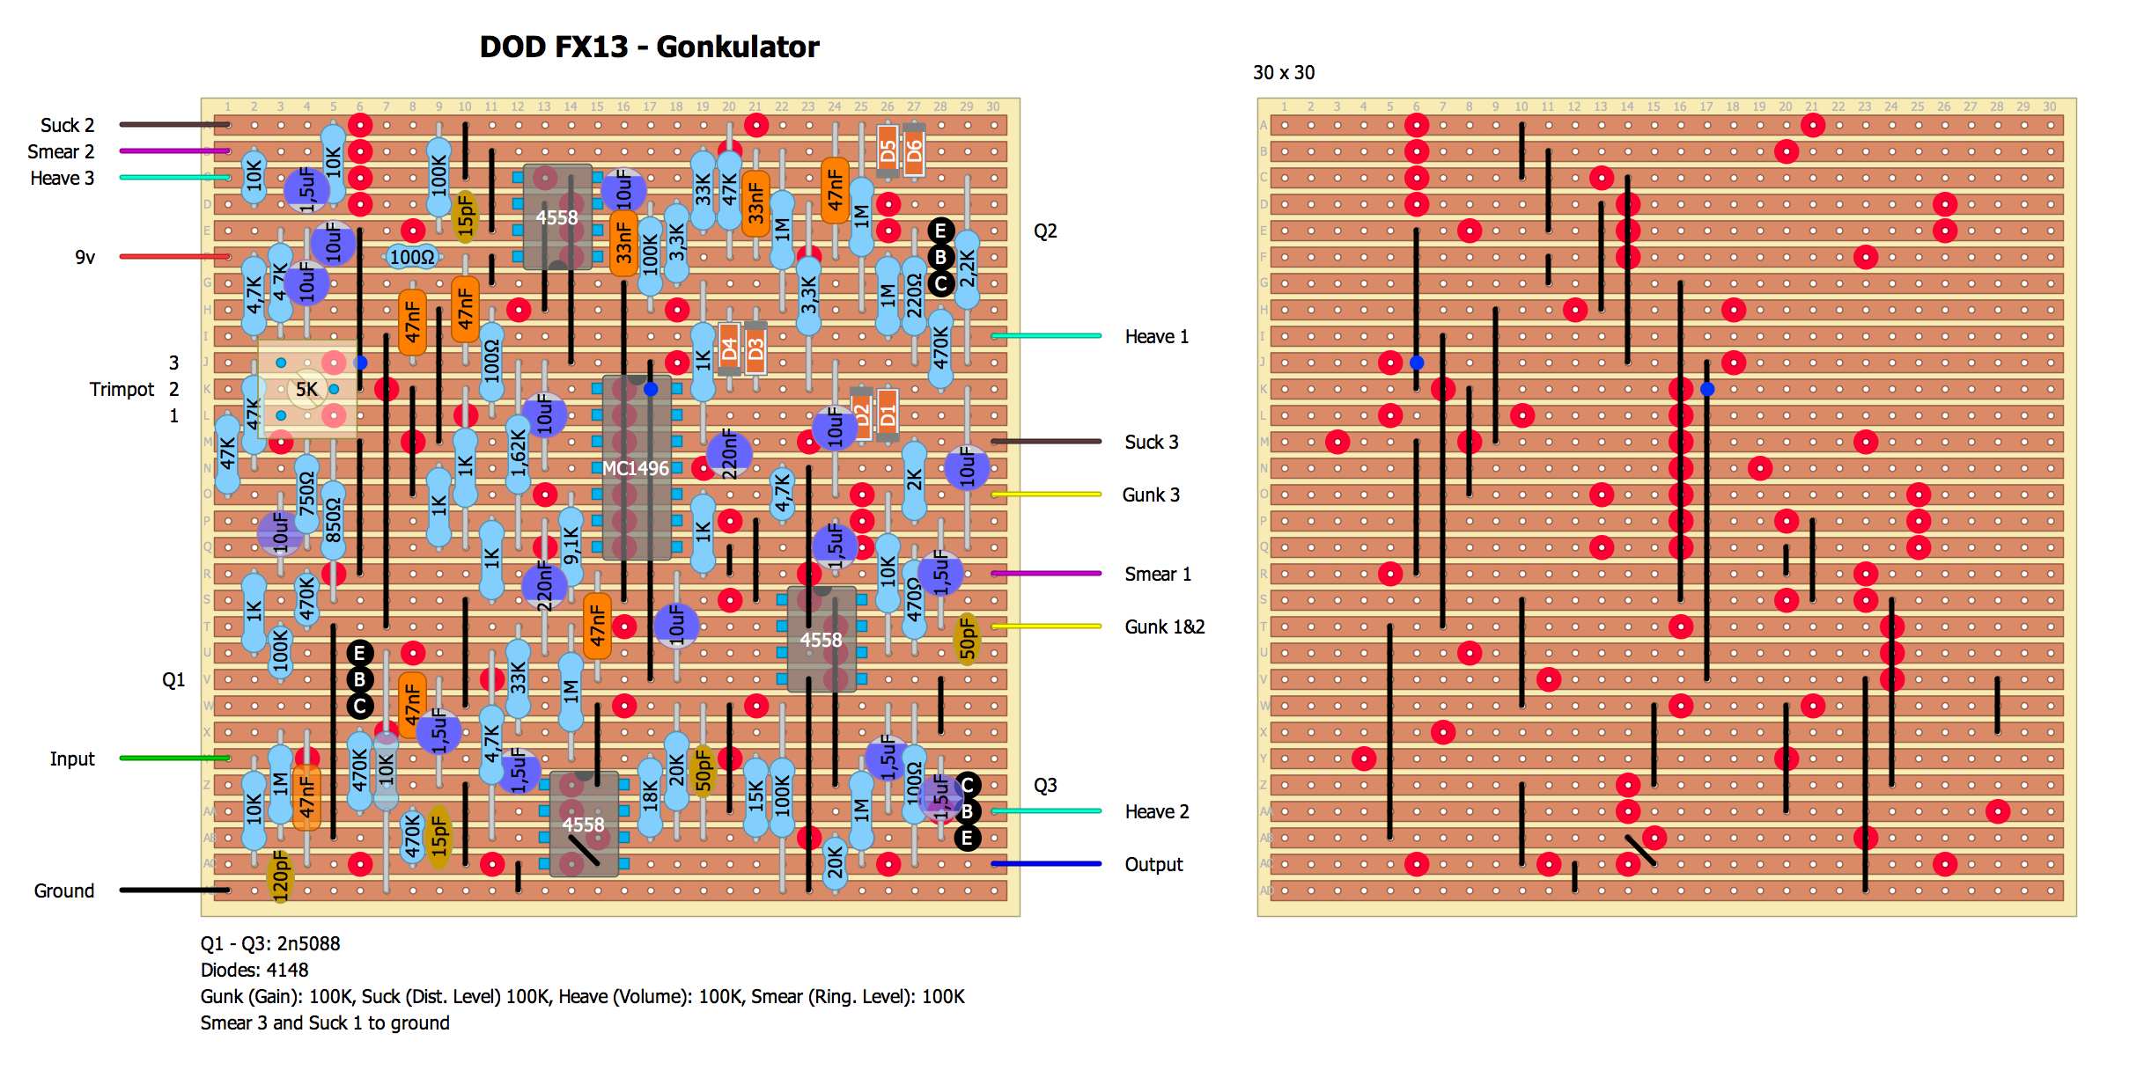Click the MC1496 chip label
coord(636,468)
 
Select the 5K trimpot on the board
coord(307,389)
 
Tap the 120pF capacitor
coord(280,876)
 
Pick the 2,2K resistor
coord(967,268)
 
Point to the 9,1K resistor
coord(571,546)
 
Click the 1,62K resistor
coord(519,453)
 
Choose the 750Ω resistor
coord(306,494)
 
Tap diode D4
coord(729,348)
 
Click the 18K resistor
coord(650,796)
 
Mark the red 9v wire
coord(174,257)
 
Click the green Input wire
coord(174,758)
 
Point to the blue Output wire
coord(1046,864)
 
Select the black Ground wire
coord(174,890)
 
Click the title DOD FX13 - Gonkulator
coord(649,47)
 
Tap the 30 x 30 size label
coord(1284,73)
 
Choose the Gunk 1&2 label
coord(1164,627)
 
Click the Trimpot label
coord(122,389)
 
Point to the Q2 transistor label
coord(1045,231)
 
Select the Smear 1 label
coord(1158,574)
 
